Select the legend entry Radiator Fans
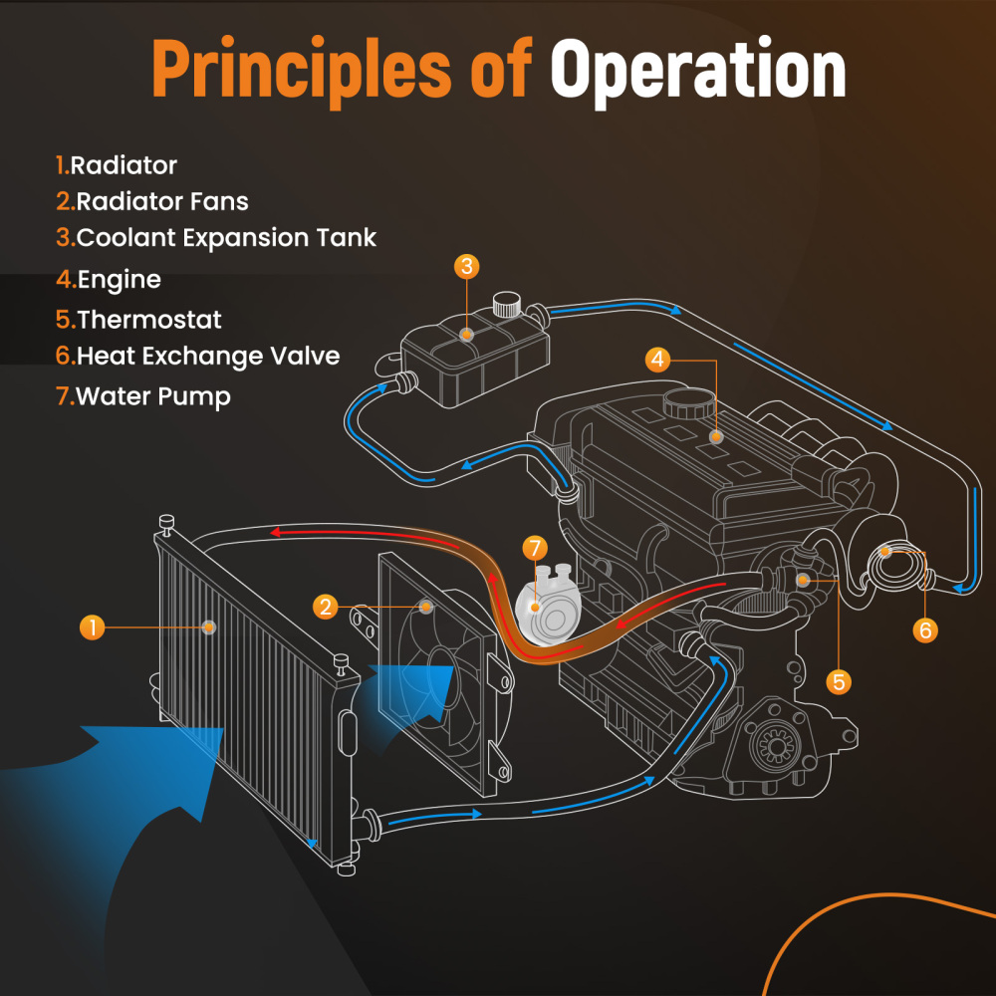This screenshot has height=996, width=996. (152, 201)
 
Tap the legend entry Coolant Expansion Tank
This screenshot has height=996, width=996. (216, 238)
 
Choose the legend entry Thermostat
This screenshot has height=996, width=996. (139, 320)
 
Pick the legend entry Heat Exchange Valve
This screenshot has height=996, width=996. (198, 356)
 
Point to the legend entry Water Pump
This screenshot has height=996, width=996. (143, 396)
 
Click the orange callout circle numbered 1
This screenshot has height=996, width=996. (92, 626)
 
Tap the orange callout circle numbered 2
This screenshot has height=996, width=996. (326, 606)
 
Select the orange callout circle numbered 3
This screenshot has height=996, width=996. (467, 267)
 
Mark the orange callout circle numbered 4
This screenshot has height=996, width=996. (656, 360)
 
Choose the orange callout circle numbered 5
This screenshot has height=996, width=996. (839, 681)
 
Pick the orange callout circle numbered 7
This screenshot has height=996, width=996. (535, 548)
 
